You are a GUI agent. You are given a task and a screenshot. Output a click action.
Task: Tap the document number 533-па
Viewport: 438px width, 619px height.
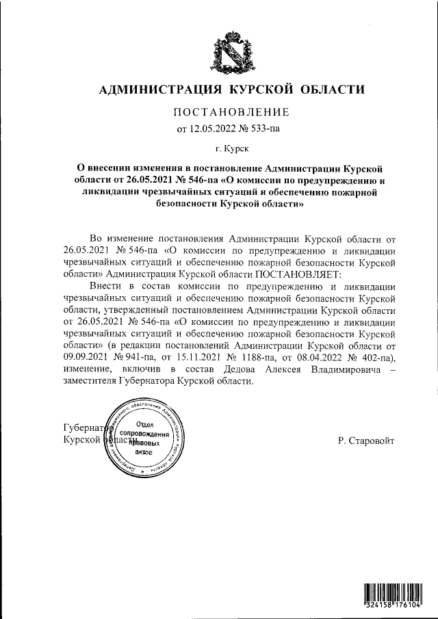pyautogui.click(x=265, y=127)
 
